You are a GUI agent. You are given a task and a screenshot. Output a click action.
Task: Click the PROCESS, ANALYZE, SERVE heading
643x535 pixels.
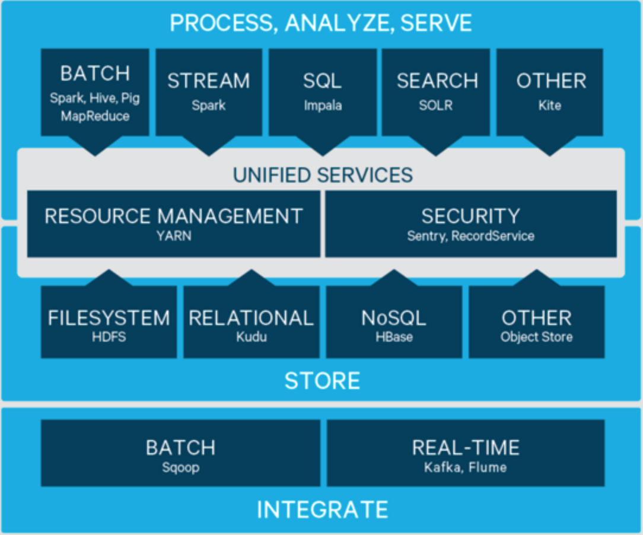tap(321, 23)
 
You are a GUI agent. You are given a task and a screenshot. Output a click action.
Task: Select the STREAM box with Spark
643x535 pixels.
tap(208, 92)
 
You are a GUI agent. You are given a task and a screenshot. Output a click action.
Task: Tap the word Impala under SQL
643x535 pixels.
tap(323, 106)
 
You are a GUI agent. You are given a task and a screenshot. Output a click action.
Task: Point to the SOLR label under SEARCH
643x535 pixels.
tap(436, 106)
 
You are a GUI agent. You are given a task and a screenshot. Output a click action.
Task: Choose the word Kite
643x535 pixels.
tap(550, 106)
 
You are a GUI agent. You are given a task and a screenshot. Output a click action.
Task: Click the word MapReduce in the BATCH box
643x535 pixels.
tap(95, 116)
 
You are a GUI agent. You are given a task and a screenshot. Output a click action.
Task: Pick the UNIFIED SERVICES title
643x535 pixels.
tap(322, 175)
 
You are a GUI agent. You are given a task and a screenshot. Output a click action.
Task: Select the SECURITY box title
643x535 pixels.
tap(470, 216)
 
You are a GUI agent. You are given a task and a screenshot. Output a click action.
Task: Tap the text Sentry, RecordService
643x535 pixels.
tap(470, 236)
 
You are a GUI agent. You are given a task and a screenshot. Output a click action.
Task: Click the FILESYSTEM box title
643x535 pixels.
tap(109, 318)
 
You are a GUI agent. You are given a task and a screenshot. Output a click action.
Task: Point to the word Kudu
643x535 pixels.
tap(252, 337)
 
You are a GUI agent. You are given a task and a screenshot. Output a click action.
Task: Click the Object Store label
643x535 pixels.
tap(536, 337)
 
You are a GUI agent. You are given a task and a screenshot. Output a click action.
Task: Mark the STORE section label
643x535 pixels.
tap(322, 381)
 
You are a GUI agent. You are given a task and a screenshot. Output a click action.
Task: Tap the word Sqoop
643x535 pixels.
tap(180, 467)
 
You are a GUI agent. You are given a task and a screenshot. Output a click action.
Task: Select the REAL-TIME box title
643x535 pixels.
tap(466, 447)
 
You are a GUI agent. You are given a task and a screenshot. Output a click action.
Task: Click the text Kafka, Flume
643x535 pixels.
tap(466, 467)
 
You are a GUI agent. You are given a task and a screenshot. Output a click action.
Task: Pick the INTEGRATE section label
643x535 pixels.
tap(322, 509)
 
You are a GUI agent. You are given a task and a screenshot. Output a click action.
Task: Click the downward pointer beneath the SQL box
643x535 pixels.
tap(323, 145)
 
